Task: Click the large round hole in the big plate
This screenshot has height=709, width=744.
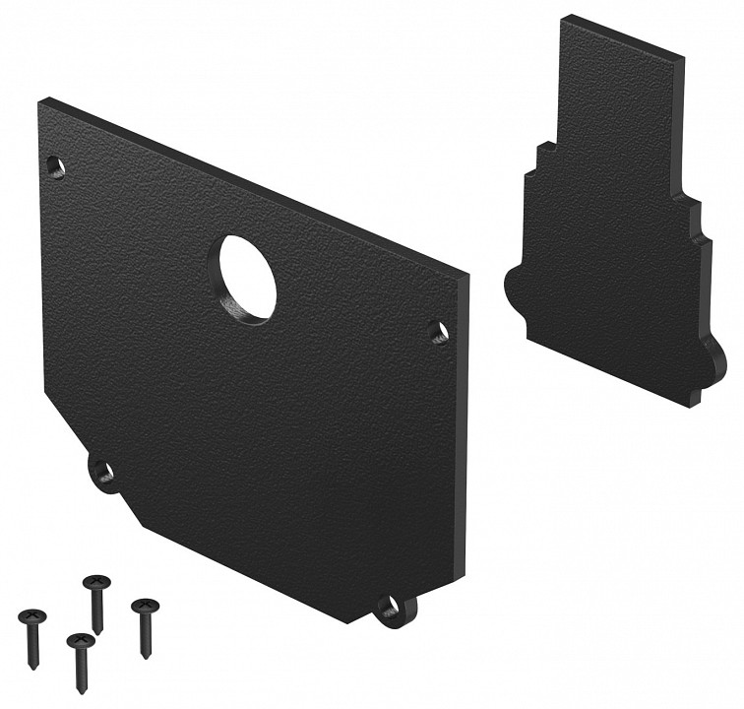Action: click(x=247, y=277)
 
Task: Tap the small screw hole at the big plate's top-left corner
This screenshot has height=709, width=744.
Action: click(x=56, y=166)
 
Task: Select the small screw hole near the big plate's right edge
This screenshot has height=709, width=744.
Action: click(x=440, y=332)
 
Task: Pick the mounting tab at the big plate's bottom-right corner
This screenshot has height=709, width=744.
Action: click(x=396, y=608)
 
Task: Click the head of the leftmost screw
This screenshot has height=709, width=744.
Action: click(x=32, y=618)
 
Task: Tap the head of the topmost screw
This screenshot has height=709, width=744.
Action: click(x=95, y=584)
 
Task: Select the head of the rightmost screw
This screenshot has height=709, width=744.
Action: click(x=144, y=606)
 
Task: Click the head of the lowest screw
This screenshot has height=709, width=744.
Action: click(x=80, y=643)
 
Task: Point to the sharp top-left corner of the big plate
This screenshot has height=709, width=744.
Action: click(x=42, y=100)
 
